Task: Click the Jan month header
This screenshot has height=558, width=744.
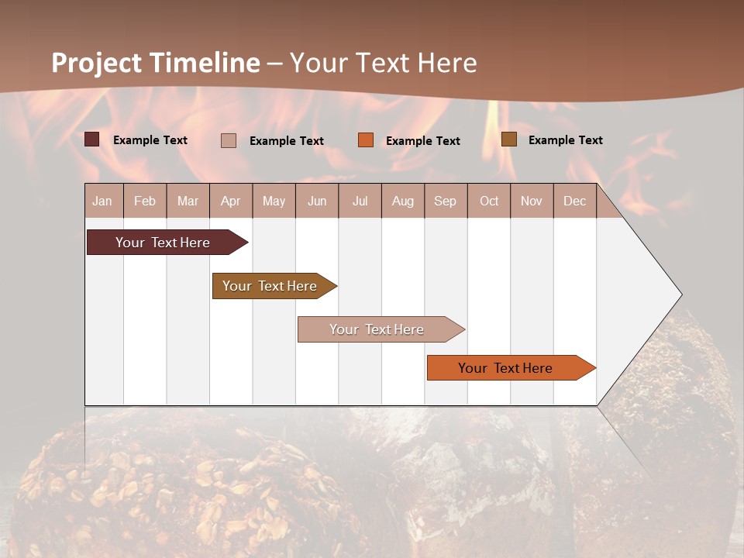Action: click(x=102, y=201)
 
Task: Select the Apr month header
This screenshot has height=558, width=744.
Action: click(x=230, y=201)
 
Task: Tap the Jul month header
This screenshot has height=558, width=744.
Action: click(x=360, y=201)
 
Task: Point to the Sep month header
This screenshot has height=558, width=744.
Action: click(x=445, y=201)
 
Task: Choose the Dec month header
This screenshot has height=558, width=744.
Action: click(x=574, y=201)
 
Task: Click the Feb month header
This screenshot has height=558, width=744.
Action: click(x=145, y=201)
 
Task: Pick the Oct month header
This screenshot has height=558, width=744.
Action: click(x=489, y=201)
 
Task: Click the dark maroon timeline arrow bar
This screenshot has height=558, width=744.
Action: click(x=163, y=243)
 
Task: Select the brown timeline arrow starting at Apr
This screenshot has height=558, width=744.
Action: click(x=270, y=286)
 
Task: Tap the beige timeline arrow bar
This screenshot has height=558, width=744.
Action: click(x=377, y=329)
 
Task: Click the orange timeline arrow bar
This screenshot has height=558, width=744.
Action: click(x=505, y=368)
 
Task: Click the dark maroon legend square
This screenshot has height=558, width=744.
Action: click(x=92, y=139)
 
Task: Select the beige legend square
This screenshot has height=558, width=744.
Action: click(x=229, y=140)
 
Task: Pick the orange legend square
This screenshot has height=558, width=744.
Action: click(x=366, y=140)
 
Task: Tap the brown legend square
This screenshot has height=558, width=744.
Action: click(x=509, y=139)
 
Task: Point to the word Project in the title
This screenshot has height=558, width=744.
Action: click(x=96, y=63)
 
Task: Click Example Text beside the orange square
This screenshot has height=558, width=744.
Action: click(x=422, y=141)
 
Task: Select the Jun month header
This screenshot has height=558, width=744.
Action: click(x=317, y=201)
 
